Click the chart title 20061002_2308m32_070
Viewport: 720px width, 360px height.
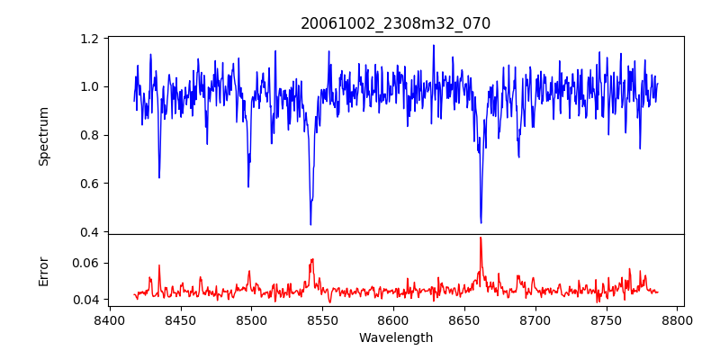pyautogui.click(x=395, y=23)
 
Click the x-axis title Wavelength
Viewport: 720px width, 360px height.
pyautogui.click(x=395, y=338)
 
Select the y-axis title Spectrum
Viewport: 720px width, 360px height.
pyautogui.click(x=44, y=136)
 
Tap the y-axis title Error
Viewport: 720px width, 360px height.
pyautogui.click(x=44, y=270)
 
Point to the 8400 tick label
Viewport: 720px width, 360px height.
pyautogui.click(x=109, y=319)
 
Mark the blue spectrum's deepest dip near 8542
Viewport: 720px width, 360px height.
pyautogui.click(x=310, y=224)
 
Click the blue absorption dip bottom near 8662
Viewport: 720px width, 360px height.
pyautogui.click(x=481, y=222)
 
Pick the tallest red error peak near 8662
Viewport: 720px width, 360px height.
pyautogui.click(x=481, y=238)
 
